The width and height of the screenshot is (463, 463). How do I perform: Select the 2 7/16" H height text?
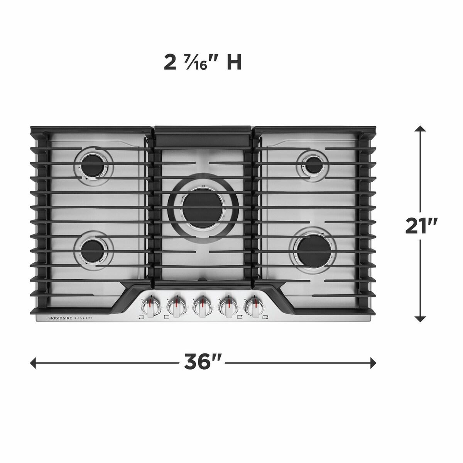202,63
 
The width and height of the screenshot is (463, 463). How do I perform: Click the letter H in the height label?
234,63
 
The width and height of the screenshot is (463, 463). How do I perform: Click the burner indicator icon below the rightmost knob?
265,318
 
